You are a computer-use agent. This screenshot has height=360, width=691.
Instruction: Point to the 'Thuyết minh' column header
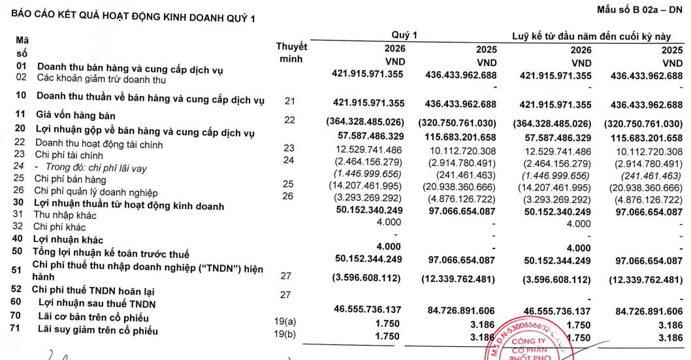tap(292, 53)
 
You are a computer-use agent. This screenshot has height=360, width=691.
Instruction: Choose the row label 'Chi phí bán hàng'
tap(69, 178)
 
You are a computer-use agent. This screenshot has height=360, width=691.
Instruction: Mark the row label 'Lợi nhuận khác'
tap(69, 240)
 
